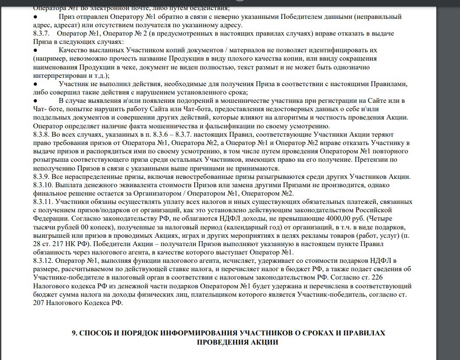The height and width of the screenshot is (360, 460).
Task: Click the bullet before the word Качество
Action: [x=35, y=51]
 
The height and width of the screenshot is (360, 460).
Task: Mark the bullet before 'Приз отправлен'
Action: [x=35, y=17]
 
